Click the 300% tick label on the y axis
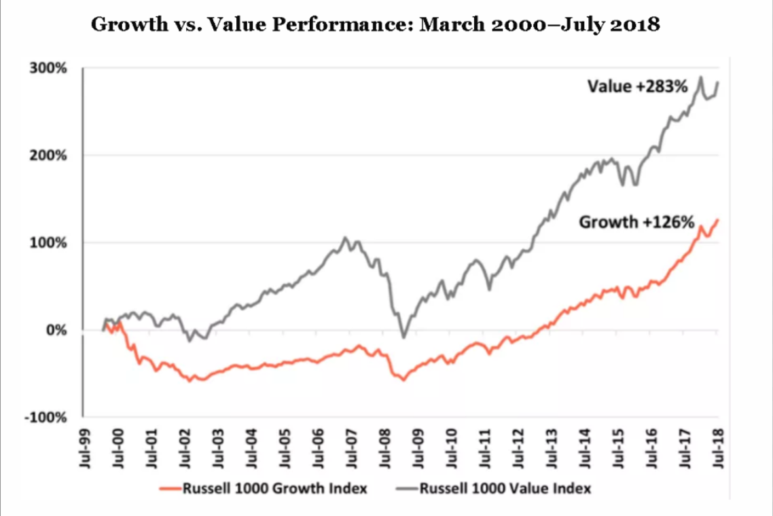click(x=48, y=69)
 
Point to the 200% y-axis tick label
click(x=48, y=155)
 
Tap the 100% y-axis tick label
click(x=48, y=243)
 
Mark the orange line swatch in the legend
click(x=166, y=488)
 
